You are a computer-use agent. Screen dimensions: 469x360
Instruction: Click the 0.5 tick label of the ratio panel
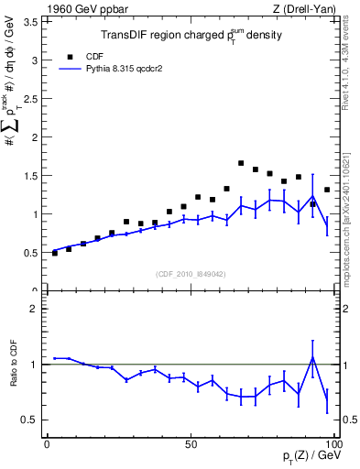tap(30, 420)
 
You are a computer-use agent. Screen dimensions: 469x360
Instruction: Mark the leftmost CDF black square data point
tap(55, 253)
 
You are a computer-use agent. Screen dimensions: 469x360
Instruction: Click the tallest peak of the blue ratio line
tap(312, 358)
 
